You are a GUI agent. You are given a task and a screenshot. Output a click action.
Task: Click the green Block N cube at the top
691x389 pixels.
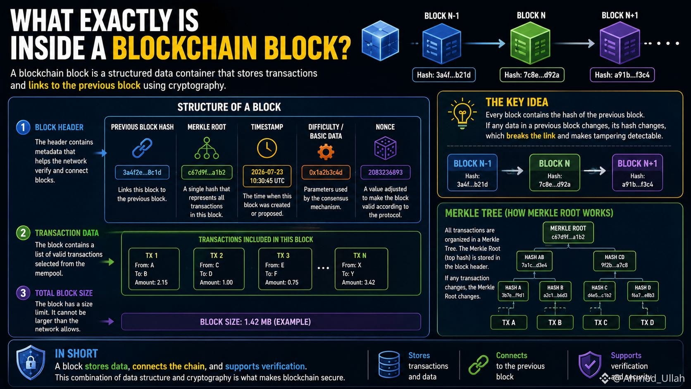pos(530,43)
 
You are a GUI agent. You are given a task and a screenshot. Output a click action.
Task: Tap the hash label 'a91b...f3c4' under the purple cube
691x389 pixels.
pos(622,75)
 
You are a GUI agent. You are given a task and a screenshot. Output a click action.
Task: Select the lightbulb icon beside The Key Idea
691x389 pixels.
pos(462,113)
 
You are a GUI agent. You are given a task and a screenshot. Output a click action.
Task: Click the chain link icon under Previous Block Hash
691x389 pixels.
pos(142,148)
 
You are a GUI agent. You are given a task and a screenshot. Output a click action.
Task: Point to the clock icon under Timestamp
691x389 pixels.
pos(267,148)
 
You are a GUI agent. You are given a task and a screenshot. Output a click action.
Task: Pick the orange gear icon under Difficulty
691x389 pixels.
pos(326,152)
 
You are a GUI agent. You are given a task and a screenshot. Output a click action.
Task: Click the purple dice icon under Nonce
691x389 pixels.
pos(385,148)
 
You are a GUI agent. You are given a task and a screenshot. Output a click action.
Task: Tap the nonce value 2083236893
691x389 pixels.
pos(385,172)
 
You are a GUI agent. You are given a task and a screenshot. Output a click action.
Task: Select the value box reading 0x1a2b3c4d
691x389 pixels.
pos(326,172)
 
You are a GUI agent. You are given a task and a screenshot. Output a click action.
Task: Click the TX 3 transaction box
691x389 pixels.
pos(285,269)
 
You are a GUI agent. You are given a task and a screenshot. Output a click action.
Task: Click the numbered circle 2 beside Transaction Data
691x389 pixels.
pos(23,233)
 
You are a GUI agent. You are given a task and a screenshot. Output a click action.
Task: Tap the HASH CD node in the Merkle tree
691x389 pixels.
pos(615,261)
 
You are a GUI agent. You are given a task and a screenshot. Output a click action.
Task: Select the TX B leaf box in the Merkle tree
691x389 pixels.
pos(555,322)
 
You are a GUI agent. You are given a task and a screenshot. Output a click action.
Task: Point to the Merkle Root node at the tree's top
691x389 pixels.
pos(568,232)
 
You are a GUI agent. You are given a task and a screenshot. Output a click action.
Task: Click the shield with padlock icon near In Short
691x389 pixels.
pos(31,363)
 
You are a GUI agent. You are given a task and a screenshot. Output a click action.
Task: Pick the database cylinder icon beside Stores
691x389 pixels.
pos(389,365)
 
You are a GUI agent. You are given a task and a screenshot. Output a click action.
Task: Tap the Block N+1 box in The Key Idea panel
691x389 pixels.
pos(637,172)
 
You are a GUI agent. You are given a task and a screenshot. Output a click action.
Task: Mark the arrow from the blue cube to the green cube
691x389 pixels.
pos(485,43)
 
